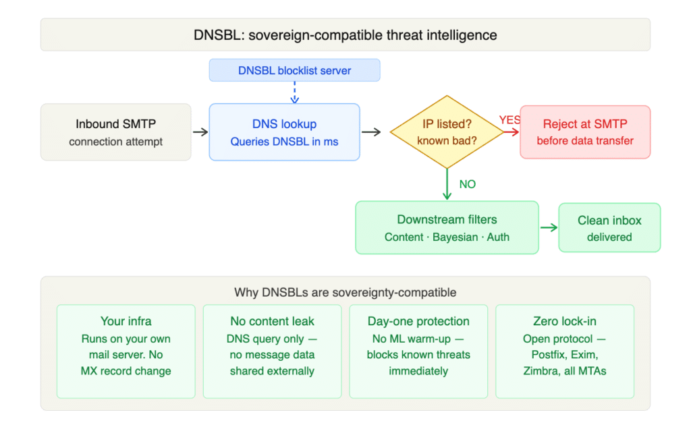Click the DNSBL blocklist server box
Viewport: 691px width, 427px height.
[294, 70]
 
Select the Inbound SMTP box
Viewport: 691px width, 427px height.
[115, 132]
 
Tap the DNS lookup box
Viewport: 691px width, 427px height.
[284, 132]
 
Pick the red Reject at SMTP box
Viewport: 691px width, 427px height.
[585, 132]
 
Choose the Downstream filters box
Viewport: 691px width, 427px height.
[447, 228]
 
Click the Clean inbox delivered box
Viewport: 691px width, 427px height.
[609, 228]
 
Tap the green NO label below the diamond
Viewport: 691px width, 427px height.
[467, 183]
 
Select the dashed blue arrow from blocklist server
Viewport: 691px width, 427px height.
[294, 92]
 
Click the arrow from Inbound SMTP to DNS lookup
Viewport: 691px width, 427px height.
[200, 133]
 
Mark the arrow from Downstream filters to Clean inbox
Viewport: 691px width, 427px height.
[549, 228]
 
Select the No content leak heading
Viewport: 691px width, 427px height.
[272, 321]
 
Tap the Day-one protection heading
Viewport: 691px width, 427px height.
[418, 321]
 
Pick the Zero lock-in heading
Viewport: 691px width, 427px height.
[564, 321]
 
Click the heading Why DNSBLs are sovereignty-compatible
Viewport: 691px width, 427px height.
[345, 292]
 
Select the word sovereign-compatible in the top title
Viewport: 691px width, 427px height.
[314, 35]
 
